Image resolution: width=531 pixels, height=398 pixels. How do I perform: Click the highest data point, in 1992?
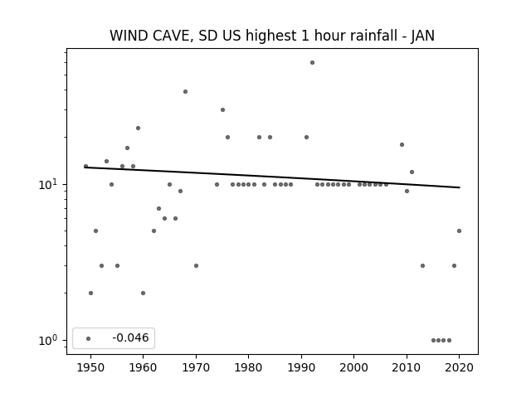pyautogui.click(x=312, y=63)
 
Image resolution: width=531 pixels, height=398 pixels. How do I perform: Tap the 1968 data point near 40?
pyautogui.click(x=185, y=92)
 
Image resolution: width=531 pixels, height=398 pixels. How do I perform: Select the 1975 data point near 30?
pyautogui.click(x=222, y=110)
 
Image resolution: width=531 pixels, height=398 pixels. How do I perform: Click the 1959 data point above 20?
pyautogui.click(x=139, y=129)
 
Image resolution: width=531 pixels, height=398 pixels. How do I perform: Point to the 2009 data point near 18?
pyautogui.click(x=402, y=145)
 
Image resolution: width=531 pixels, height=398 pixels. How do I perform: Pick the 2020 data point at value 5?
pyautogui.click(x=459, y=231)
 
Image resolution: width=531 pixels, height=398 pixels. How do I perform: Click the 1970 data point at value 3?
pyautogui.click(x=196, y=266)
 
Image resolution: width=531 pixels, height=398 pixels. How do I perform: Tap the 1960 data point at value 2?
pyautogui.click(x=143, y=293)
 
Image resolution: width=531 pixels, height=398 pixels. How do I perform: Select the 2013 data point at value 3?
pyautogui.click(x=422, y=266)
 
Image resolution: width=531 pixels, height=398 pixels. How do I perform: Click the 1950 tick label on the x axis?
pyautogui.click(x=90, y=367)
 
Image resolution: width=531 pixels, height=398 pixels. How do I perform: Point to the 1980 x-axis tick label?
pyautogui.click(x=249, y=367)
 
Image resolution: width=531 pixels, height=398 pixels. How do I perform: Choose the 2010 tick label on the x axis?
pyautogui.click(x=407, y=367)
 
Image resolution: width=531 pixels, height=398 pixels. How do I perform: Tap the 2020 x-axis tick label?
pyautogui.click(x=459, y=367)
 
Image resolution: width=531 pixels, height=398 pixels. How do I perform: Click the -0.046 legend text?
pyautogui.click(x=130, y=337)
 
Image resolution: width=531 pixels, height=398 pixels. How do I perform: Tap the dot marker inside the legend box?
pyautogui.click(x=89, y=339)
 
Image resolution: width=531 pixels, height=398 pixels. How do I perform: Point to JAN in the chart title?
pyautogui.click(x=423, y=36)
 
